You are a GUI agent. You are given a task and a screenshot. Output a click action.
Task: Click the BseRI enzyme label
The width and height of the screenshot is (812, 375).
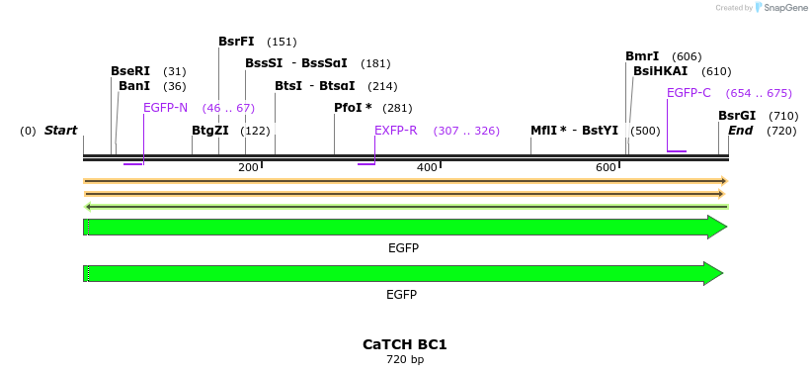(x=130, y=71)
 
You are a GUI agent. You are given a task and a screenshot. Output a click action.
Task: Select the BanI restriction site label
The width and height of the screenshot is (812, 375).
(x=134, y=86)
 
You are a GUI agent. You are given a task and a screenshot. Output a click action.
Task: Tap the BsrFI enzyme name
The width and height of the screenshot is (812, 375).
(x=236, y=42)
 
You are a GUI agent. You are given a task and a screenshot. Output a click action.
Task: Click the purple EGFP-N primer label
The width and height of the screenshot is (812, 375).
(x=165, y=108)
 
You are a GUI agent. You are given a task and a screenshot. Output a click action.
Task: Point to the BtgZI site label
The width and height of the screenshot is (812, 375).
(x=210, y=131)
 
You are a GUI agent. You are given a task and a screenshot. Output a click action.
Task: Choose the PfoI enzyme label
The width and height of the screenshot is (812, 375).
(x=353, y=108)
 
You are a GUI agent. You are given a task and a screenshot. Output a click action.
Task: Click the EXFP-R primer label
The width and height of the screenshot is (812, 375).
(x=395, y=131)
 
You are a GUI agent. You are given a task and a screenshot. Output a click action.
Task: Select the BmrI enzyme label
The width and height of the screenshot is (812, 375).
(x=642, y=56)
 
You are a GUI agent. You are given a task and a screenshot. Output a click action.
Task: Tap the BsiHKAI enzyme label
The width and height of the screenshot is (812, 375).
(x=660, y=71)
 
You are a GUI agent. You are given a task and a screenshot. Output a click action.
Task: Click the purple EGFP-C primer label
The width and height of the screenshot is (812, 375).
(x=689, y=93)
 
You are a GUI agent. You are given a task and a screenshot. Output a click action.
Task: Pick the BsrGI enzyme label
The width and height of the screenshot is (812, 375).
(x=737, y=116)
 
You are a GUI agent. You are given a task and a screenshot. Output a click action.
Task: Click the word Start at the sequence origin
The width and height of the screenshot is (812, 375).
(x=60, y=131)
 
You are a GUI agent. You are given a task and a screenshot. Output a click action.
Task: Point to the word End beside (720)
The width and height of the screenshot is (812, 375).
(x=740, y=131)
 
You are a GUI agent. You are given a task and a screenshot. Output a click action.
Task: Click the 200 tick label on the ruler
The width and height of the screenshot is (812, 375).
(x=247, y=168)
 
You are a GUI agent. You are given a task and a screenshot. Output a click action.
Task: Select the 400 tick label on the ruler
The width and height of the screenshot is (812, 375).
(x=426, y=168)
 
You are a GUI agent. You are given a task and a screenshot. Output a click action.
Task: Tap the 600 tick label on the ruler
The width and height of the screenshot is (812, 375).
(x=605, y=168)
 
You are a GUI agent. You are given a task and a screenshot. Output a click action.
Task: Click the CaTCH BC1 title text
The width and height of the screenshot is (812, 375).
(x=405, y=344)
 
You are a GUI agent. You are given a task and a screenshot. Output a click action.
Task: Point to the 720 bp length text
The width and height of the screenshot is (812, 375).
(x=405, y=359)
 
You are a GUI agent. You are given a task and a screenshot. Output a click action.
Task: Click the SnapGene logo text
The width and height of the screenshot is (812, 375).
(x=781, y=8)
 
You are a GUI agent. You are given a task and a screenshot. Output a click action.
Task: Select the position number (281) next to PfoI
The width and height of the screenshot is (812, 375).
(x=397, y=108)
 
